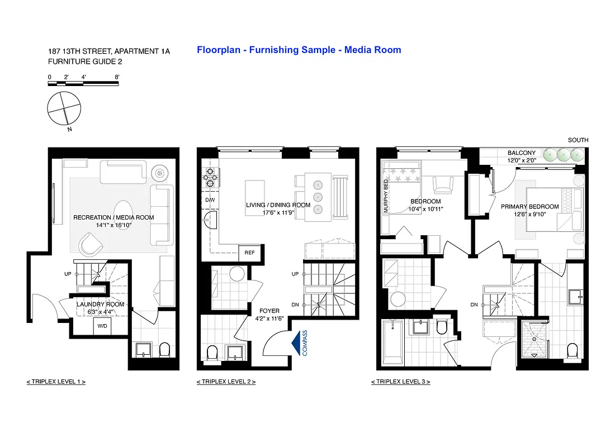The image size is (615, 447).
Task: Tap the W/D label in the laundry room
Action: (102, 325)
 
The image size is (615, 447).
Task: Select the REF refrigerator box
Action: (249, 253)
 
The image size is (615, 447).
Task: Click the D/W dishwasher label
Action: (210, 199)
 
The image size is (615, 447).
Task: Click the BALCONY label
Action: (521, 153)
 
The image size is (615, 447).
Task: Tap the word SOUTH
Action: (578, 140)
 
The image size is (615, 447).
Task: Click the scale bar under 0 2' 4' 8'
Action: (83, 83)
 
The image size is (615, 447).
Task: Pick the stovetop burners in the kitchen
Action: (210, 177)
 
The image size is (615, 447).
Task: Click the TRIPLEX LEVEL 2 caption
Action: (226, 382)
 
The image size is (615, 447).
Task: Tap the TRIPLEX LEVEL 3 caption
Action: (400, 382)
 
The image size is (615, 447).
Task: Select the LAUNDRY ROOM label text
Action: (101, 305)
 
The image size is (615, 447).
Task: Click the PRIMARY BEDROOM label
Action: (529, 207)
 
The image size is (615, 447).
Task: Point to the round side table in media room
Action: (160, 173)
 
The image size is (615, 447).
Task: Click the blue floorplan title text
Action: (299, 50)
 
